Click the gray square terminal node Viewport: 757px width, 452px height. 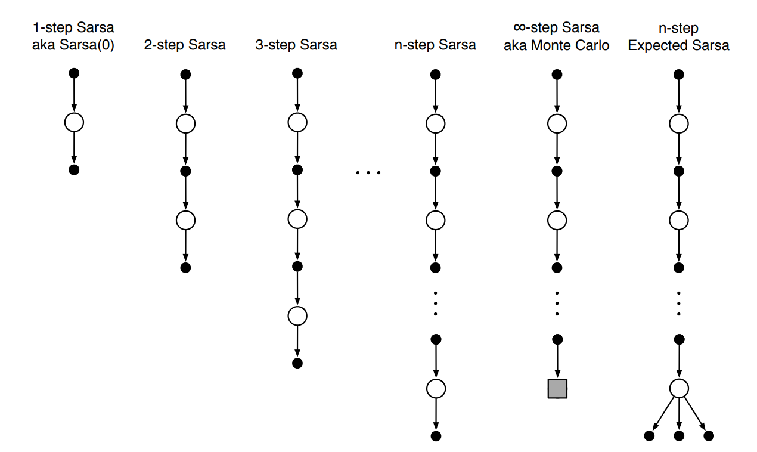pos(557,388)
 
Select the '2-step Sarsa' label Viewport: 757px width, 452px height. pos(185,45)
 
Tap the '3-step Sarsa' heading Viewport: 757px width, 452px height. pos(296,45)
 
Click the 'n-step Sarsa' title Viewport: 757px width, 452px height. pos(435,45)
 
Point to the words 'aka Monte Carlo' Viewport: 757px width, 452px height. pos(557,46)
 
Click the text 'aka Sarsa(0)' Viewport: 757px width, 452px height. pos(73,46)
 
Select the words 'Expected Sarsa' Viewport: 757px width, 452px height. pos(678,46)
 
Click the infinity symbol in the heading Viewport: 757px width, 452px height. pos(521,28)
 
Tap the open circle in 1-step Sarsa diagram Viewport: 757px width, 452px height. pos(74,123)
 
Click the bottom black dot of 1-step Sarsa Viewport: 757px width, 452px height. pos(74,170)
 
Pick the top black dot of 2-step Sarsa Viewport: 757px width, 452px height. pos(185,75)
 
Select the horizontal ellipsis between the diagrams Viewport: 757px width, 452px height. pos(367,173)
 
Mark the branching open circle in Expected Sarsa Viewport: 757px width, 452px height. pos(678,388)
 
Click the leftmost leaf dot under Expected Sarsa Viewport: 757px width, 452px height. pos(649,436)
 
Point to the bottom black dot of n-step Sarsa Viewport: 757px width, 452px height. pos(436,436)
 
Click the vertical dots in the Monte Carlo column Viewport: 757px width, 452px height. pos(557,303)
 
